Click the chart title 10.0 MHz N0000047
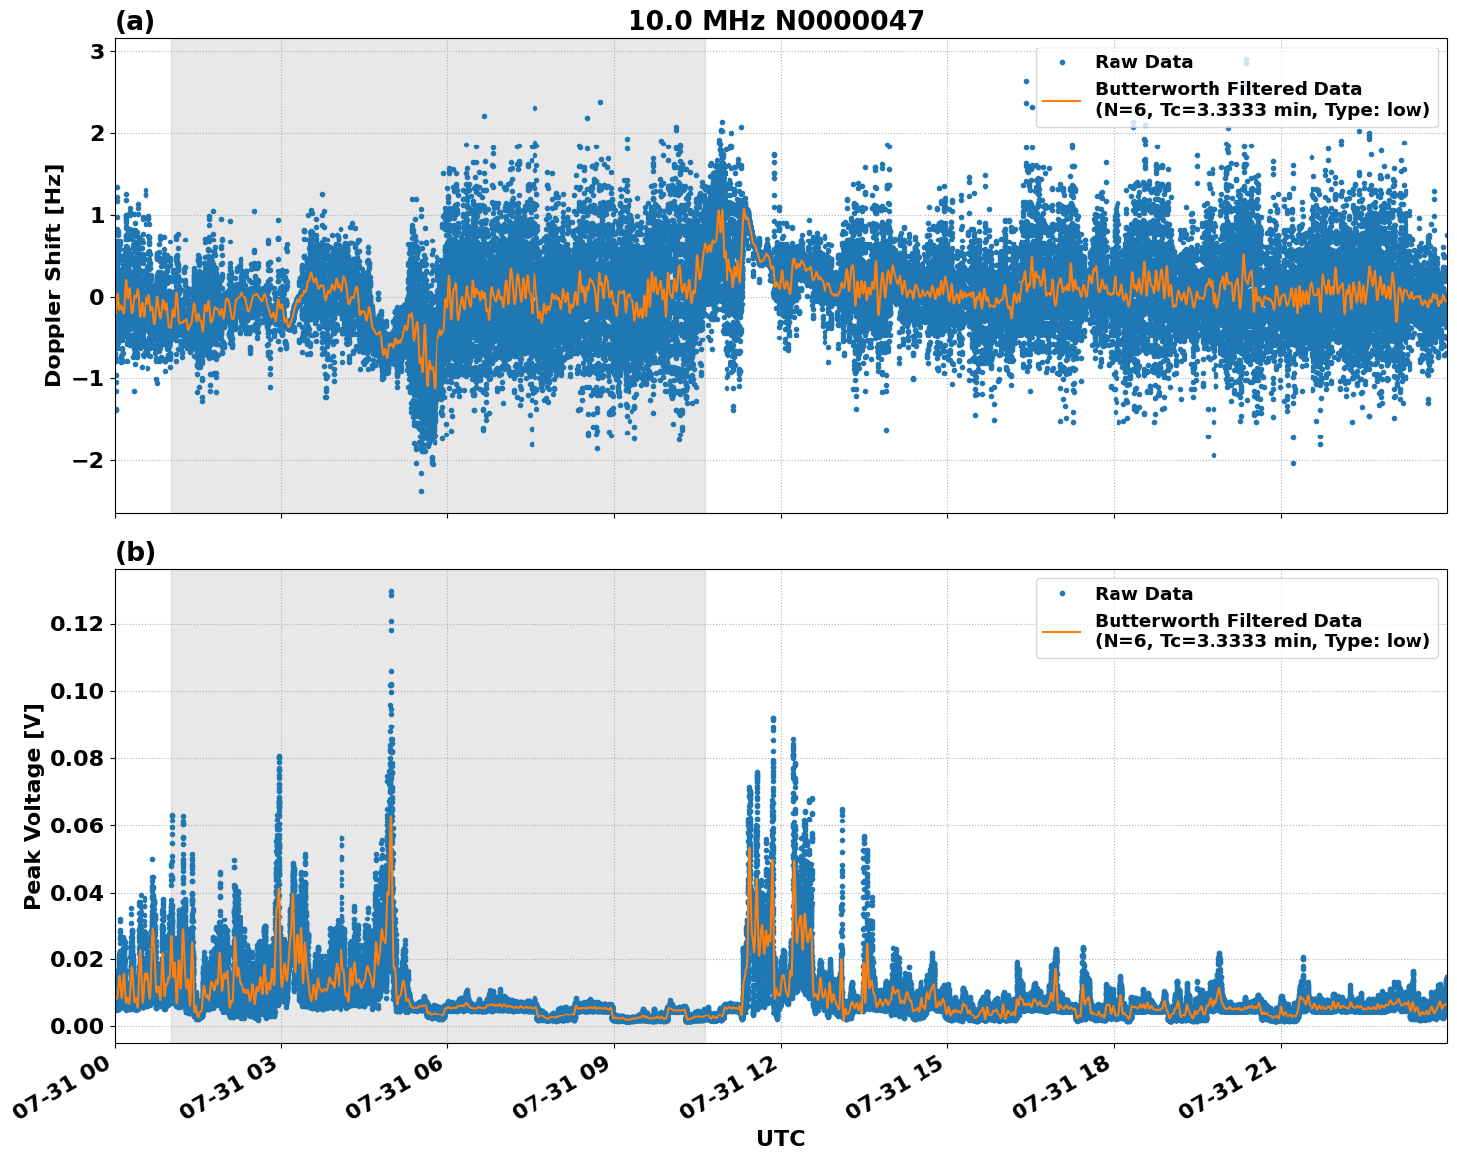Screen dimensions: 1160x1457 tap(775, 21)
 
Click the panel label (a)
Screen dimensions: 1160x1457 tap(135, 21)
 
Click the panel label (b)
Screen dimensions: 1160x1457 tap(135, 552)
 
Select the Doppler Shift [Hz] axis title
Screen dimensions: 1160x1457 tap(53, 275)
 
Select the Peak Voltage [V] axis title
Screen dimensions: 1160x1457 tap(33, 807)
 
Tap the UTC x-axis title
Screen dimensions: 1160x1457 tap(780, 1138)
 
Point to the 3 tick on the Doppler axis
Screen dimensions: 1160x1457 tap(97, 51)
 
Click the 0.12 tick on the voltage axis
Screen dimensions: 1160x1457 tap(77, 624)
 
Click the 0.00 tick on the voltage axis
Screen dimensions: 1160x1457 tap(77, 1026)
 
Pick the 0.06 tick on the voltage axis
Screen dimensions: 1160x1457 tap(77, 825)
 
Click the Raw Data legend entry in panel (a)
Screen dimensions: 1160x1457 tap(1143, 62)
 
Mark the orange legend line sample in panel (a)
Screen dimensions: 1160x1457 tap(1062, 100)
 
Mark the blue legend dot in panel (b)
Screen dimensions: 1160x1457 tap(1062, 594)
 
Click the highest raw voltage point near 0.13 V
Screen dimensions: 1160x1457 tap(391, 592)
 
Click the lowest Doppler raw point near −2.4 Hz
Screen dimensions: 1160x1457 tap(420, 491)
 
